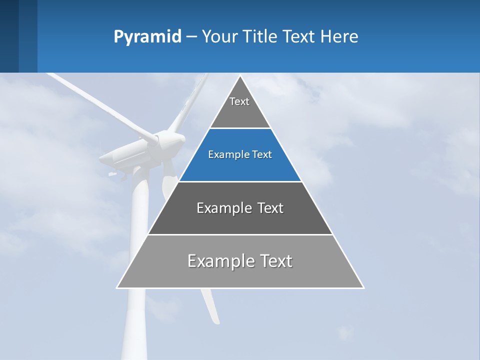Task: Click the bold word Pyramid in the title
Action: coord(147,36)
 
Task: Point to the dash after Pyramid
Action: coord(191,36)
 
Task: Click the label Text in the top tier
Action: coord(239,101)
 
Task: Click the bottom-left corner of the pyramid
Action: coord(117,287)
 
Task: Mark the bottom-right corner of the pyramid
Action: coord(363,287)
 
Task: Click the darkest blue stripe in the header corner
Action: coord(9,36)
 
